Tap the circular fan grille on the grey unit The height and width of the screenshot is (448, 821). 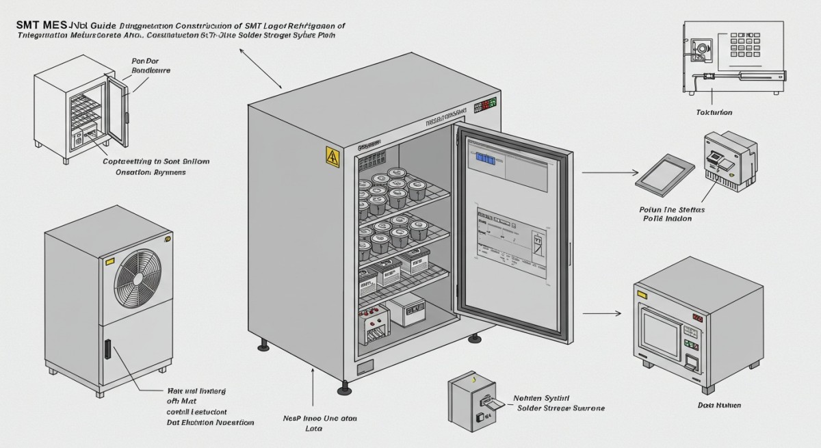point(137,276)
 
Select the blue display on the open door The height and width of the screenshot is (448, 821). point(485,159)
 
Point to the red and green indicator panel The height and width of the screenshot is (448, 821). point(484,106)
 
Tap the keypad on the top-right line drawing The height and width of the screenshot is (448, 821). point(747,46)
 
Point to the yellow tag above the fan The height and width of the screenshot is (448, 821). point(108,261)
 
